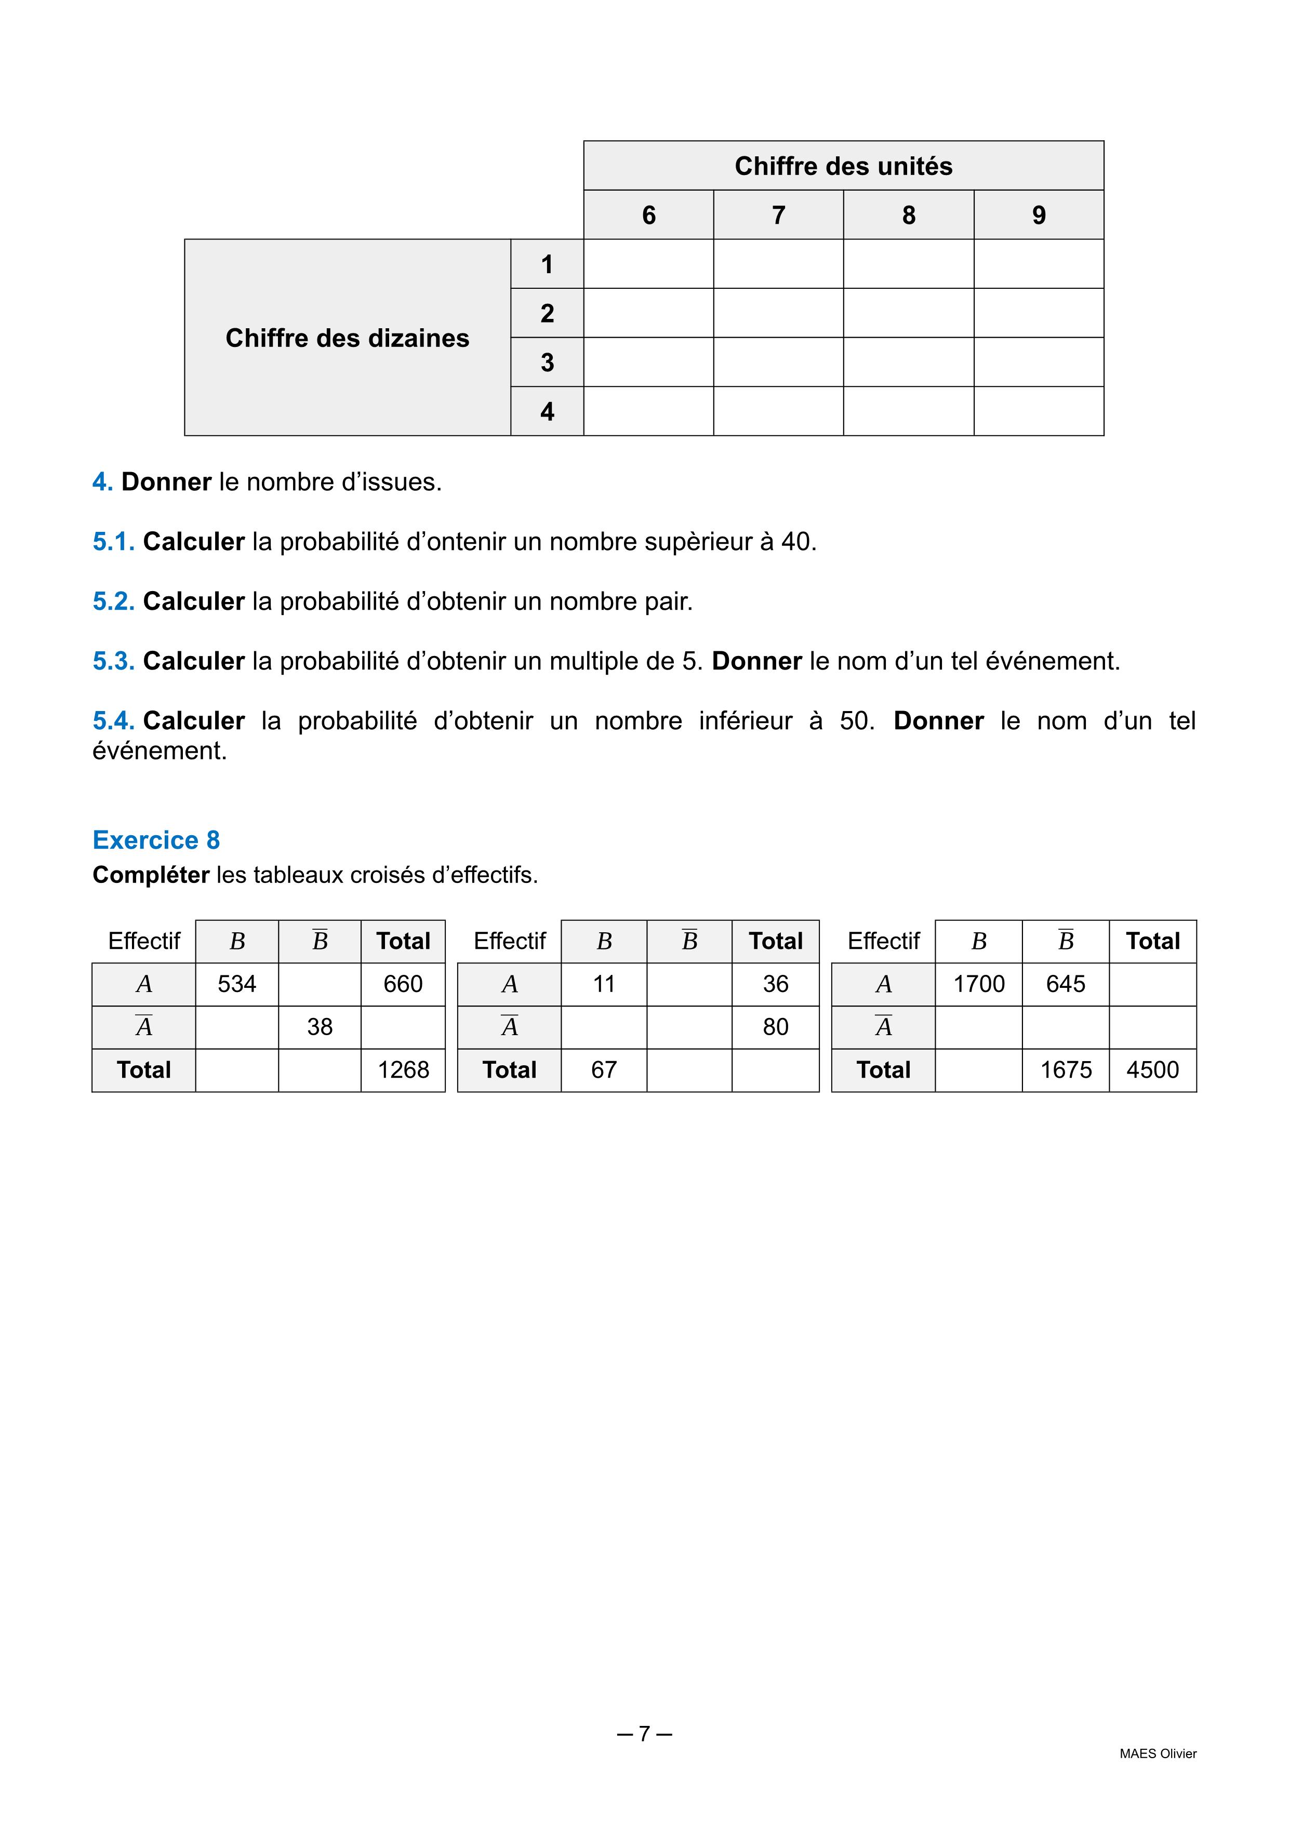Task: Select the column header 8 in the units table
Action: pyautogui.click(x=908, y=215)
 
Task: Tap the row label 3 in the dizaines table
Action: pyautogui.click(x=547, y=363)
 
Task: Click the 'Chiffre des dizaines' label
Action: pyautogui.click(x=347, y=338)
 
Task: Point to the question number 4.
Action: pyautogui.click(x=102, y=481)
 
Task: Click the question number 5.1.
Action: pyautogui.click(x=113, y=542)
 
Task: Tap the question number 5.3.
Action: pyautogui.click(x=113, y=661)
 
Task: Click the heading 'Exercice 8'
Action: pyautogui.click(x=156, y=839)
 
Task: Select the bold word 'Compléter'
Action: pyautogui.click(x=151, y=875)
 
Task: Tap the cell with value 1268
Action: pyautogui.click(x=403, y=1070)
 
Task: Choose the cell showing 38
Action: pyautogui.click(x=320, y=1027)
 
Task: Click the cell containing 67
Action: pyautogui.click(x=604, y=1070)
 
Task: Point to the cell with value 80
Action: pyautogui.click(x=776, y=1027)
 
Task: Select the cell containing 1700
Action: pyautogui.click(x=979, y=984)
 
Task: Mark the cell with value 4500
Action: pyautogui.click(x=1152, y=1070)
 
